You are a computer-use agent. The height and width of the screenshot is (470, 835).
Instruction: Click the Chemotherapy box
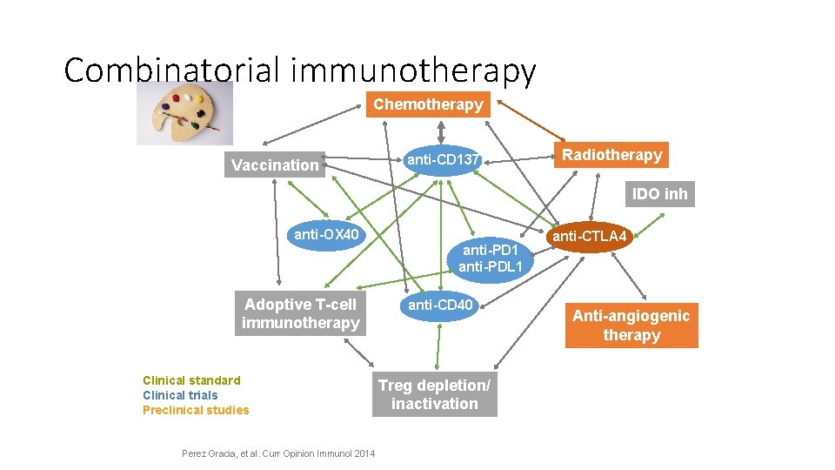tap(428, 104)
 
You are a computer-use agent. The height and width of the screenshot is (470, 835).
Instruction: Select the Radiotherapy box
tap(612, 155)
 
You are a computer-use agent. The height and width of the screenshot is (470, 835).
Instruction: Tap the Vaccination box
tap(275, 164)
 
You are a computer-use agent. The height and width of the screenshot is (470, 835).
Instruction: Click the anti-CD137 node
tap(439, 159)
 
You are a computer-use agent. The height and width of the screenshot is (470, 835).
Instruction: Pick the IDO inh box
tap(659, 193)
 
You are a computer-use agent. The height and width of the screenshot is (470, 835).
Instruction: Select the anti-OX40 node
tap(326, 235)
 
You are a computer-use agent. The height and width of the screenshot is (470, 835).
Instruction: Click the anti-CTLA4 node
tap(590, 236)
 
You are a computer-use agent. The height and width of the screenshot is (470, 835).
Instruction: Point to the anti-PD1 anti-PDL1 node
tap(489, 258)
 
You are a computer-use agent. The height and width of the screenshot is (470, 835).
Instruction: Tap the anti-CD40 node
tap(441, 305)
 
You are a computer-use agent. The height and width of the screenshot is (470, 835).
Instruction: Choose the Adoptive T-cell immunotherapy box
tap(300, 314)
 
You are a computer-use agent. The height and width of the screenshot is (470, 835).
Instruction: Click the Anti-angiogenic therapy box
tap(631, 326)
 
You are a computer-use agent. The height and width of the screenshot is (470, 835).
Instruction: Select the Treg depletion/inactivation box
tap(435, 395)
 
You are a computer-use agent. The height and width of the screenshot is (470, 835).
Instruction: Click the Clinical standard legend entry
tap(191, 380)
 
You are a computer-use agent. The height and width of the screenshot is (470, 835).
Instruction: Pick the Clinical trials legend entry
tap(180, 395)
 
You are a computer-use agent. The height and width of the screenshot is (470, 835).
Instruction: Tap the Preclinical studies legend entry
tap(196, 410)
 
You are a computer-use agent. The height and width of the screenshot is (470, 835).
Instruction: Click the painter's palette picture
tap(184, 111)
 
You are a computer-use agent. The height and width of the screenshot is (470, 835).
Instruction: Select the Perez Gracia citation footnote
tap(278, 453)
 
